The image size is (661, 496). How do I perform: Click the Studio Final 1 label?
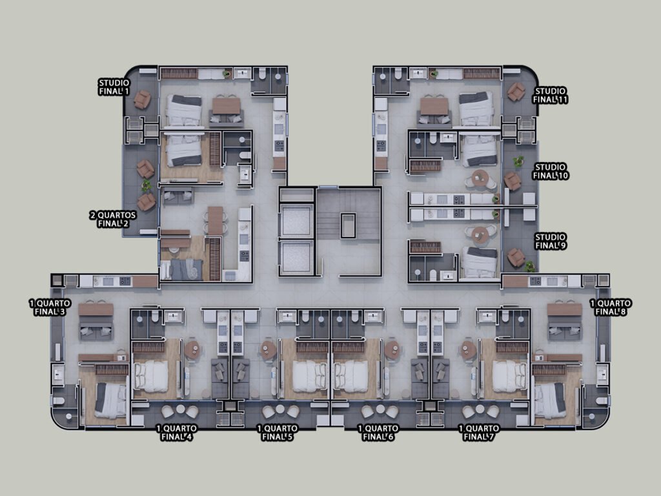tap(114, 87)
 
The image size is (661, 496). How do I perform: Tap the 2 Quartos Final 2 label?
tap(113, 220)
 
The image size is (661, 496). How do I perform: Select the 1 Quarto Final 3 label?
tap(50, 307)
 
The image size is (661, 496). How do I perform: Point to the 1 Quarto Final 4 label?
tap(176, 433)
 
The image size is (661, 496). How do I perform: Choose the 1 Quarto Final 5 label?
tap(277, 433)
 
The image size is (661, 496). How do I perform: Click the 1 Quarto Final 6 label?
tap(378, 433)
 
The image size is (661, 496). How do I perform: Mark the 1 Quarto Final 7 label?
tap(478, 433)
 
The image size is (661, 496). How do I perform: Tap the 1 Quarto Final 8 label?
tap(611, 307)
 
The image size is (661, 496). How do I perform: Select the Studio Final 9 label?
tap(551, 242)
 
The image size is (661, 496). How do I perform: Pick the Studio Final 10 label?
tap(551, 171)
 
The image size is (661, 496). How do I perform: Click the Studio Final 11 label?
tap(551, 96)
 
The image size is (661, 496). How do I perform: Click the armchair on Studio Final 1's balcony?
tap(142, 99)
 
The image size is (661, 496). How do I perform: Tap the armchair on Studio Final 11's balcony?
tap(516, 92)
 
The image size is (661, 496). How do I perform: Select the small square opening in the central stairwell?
tap(348, 226)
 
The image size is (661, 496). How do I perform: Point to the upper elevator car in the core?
tap(296, 222)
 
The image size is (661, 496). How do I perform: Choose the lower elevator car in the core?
tap(296, 257)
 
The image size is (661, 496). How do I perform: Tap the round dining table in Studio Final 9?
tap(480, 234)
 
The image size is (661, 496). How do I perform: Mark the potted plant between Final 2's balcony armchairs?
tap(147, 185)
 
